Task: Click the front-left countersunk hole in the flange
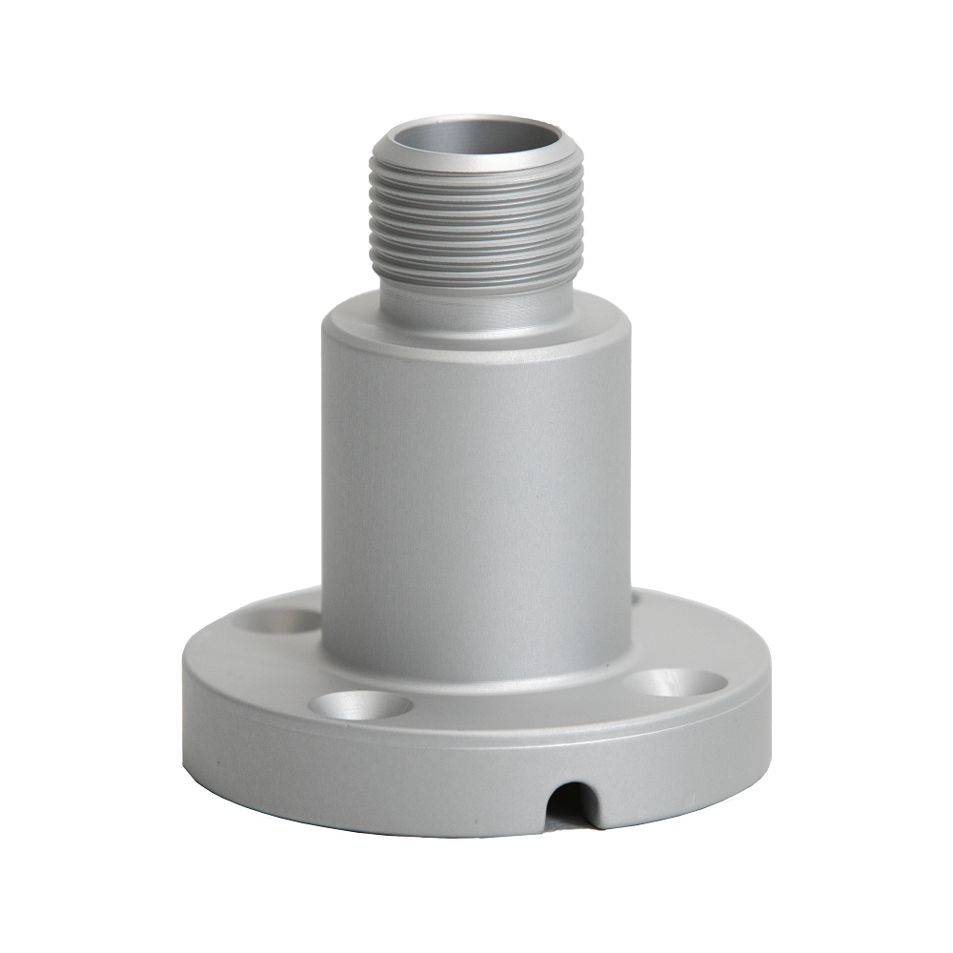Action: tap(360, 706)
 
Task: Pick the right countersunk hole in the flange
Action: tap(675, 682)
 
